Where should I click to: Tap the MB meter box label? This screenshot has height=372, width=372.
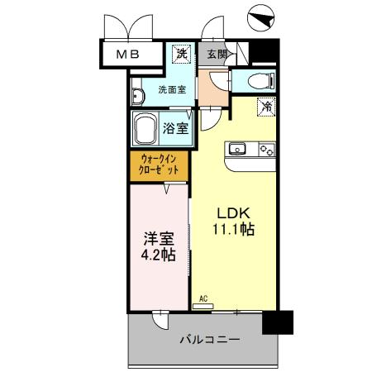pos(127,55)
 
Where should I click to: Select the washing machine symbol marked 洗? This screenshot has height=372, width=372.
pos(182,54)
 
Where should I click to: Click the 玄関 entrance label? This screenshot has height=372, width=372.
pos(217,55)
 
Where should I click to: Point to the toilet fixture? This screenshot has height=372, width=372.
pos(257,80)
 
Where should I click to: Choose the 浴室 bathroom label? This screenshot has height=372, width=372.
pos(176,128)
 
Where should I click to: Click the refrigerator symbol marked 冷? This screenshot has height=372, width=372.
pos(266,106)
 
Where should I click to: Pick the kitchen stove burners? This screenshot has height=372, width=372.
pos(266,149)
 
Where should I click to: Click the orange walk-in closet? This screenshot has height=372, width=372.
pos(159,164)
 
